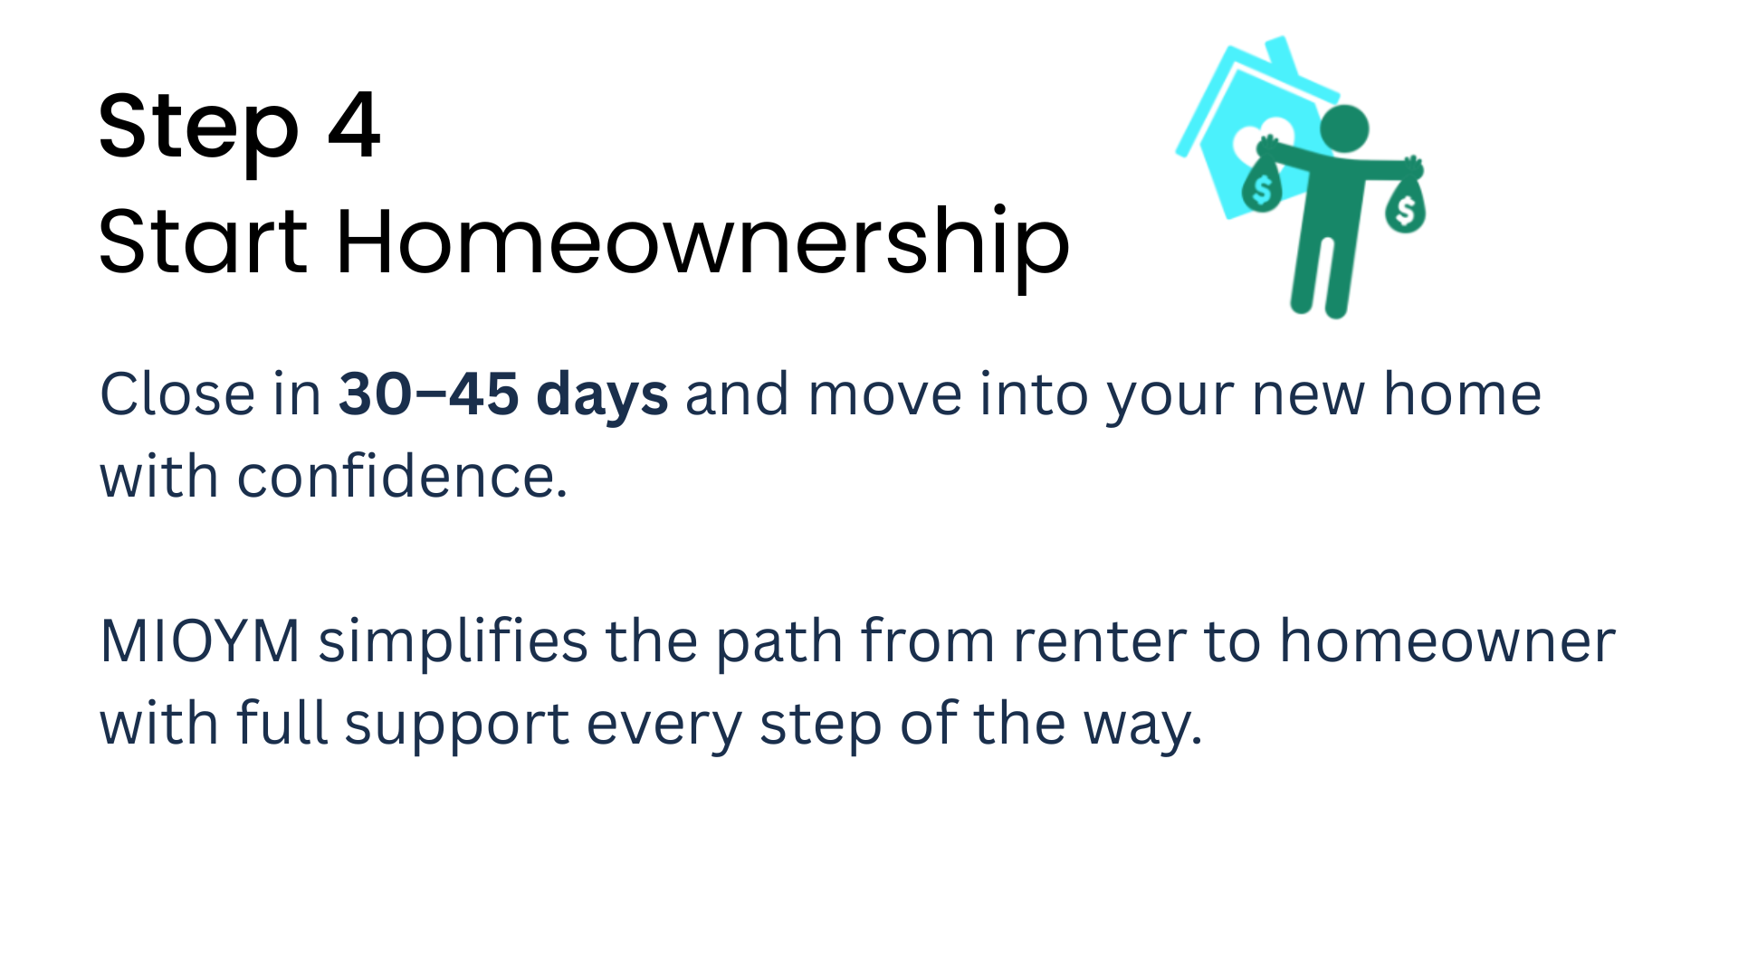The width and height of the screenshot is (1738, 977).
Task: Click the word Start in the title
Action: (x=203, y=241)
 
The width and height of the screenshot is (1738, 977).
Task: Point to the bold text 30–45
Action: (x=430, y=394)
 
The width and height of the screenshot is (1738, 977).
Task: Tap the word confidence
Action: (x=402, y=476)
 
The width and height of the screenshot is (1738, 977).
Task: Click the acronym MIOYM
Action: (x=200, y=641)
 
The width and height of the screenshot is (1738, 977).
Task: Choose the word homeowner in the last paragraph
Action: (x=1447, y=641)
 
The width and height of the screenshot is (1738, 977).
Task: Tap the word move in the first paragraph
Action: (x=885, y=396)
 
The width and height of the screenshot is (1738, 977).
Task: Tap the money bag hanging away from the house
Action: (x=1405, y=205)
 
